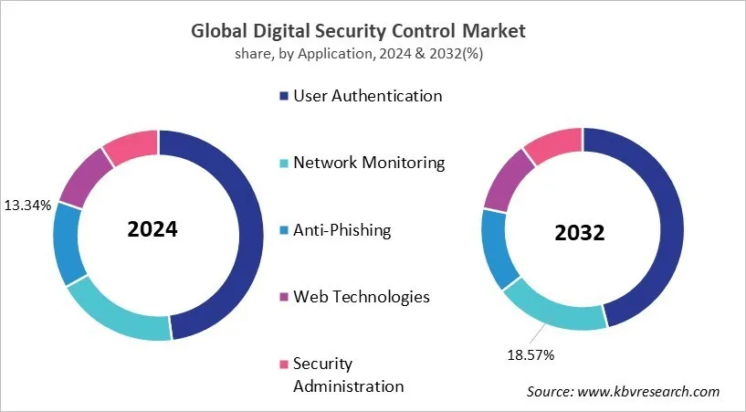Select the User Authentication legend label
(x=367, y=96)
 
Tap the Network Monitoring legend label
(x=369, y=163)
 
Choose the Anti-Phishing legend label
(x=341, y=230)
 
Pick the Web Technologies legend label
(x=361, y=297)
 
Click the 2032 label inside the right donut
(x=580, y=233)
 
